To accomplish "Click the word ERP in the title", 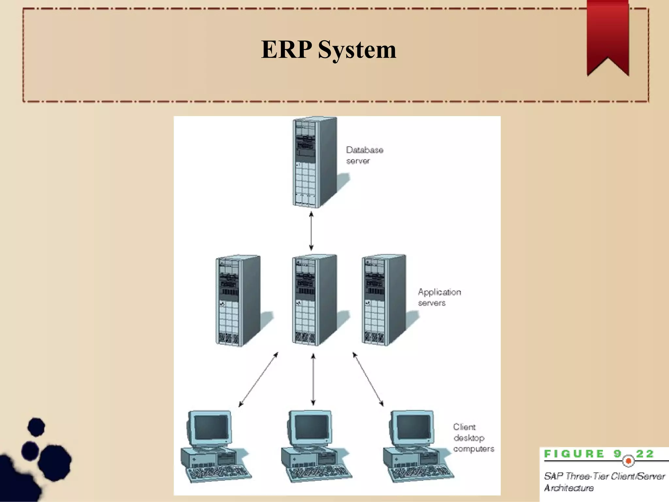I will point(286,50).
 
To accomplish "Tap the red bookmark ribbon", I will point(608,33).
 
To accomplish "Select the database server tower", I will point(314,162).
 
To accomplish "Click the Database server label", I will point(364,155).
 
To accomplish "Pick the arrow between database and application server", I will point(311,231).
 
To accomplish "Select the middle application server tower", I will point(314,300).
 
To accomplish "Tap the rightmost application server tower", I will point(384,300).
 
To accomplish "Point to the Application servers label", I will point(439,297).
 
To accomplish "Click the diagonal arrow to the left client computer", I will point(258,379).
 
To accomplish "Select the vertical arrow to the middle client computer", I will point(313,379).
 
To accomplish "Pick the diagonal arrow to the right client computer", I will point(368,379).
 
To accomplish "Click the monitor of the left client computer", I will point(211,427).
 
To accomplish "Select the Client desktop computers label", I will point(473,438).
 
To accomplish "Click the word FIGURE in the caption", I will point(574,454).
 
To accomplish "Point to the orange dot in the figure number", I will point(628,461).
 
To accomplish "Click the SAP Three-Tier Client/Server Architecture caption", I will point(604,482).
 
